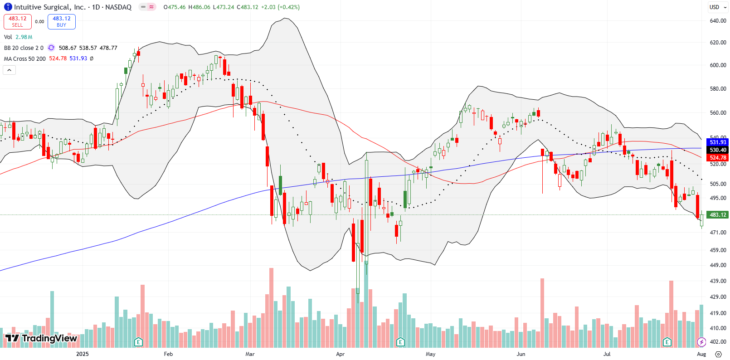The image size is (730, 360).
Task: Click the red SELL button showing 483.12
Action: point(17,22)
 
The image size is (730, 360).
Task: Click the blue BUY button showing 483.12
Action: point(62,22)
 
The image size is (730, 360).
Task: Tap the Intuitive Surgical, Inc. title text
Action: point(49,7)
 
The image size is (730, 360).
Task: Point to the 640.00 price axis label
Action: point(718,21)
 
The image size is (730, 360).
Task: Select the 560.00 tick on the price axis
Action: point(718,113)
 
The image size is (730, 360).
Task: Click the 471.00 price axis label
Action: point(718,233)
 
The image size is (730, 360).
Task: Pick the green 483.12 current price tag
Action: point(717,215)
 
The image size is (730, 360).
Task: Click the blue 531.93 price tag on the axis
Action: point(717,142)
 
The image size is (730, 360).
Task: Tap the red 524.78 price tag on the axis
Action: point(717,158)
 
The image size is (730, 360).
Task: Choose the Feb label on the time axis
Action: point(168,354)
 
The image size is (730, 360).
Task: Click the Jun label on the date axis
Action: point(521,354)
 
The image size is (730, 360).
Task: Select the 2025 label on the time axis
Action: point(83,354)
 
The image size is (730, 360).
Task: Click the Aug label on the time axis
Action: point(701,354)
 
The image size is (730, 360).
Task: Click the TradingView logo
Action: point(41,338)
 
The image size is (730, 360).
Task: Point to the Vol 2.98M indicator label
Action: point(18,37)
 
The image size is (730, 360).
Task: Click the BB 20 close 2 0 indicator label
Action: point(24,48)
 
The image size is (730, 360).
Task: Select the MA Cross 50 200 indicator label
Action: point(25,59)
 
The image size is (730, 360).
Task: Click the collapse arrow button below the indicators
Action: point(9,70)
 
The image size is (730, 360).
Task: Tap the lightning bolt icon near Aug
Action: point(701,342)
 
